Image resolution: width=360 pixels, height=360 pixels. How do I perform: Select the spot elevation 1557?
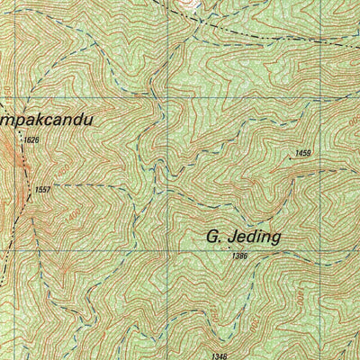click(41, 190)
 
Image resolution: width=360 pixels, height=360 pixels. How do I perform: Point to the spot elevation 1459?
click(302, 154)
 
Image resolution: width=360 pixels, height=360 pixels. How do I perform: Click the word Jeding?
click(256, 237)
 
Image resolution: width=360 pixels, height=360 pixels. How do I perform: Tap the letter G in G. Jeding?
click(213, 237)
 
